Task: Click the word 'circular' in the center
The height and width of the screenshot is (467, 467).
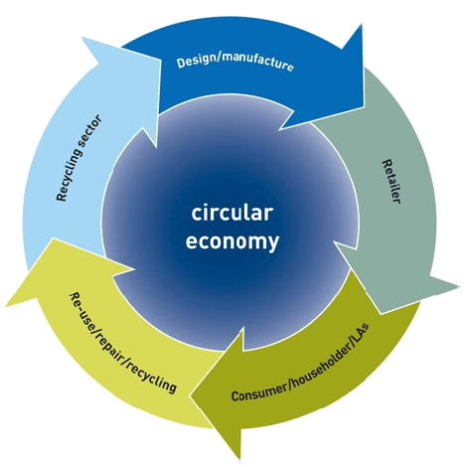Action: click(233, 214)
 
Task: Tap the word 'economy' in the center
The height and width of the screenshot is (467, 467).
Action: click(233, 241)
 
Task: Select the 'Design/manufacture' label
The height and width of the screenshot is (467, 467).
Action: click(234, 62)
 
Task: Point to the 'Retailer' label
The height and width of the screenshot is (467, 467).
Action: click(391, 181)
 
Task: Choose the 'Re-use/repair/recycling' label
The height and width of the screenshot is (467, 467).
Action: click(122, 343)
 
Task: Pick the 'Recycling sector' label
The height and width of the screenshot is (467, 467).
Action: click(79, 158)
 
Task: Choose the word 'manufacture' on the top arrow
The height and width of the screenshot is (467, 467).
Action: click(257, 62)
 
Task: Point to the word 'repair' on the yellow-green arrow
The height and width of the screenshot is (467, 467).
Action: click(111, 342)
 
